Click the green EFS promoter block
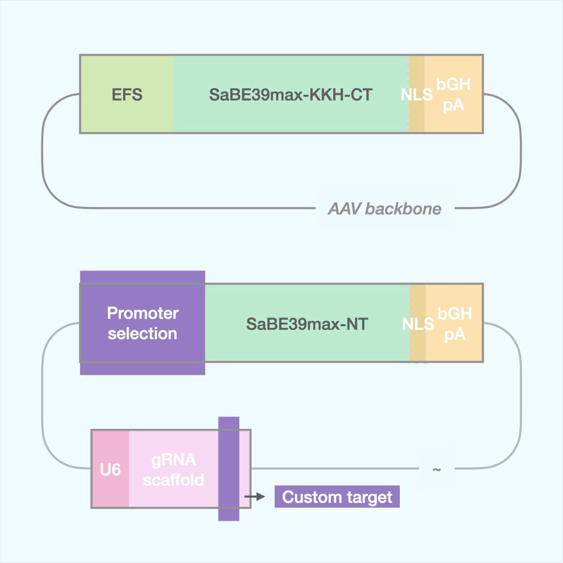click(127, 94)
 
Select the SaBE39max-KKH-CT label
click(291, 94)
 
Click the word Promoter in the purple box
click(142, 313)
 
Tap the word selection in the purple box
click(142, 334)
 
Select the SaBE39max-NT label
click(307, 324)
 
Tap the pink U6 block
click(111, 470)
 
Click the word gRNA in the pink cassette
click(174, 460)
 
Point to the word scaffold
click(174, 480)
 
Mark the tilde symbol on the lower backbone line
click(436, 469)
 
